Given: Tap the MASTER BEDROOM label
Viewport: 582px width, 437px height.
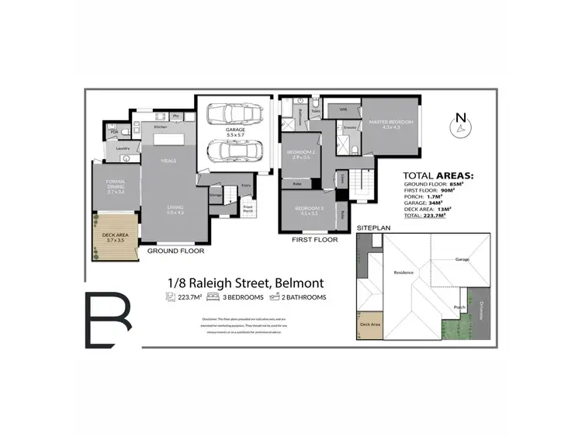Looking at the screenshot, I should [x=390, y=123].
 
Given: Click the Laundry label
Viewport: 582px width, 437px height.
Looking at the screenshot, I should [x=122, y=148].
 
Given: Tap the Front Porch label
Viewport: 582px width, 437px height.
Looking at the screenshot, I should [x=248, y=208].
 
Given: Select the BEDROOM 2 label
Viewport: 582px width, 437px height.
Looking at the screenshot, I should [x=300, y=154].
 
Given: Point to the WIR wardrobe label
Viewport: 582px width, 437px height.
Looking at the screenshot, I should [x=343, y=110].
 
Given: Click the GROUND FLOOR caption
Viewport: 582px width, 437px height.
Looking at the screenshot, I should [x=175, y=251].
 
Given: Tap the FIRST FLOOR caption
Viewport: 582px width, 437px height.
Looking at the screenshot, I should [x=314, y=241].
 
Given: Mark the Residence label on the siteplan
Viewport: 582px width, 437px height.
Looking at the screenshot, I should [x=404, y=272].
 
